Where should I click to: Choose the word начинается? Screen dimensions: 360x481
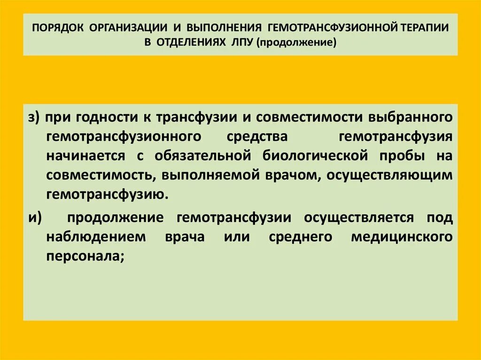[86, 155]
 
